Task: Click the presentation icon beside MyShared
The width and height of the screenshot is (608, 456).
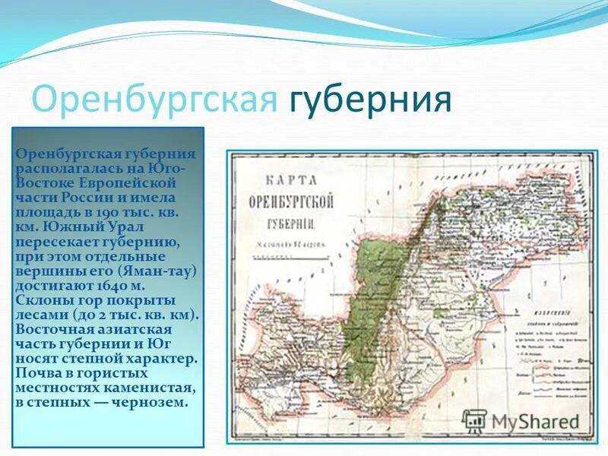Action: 474,420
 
